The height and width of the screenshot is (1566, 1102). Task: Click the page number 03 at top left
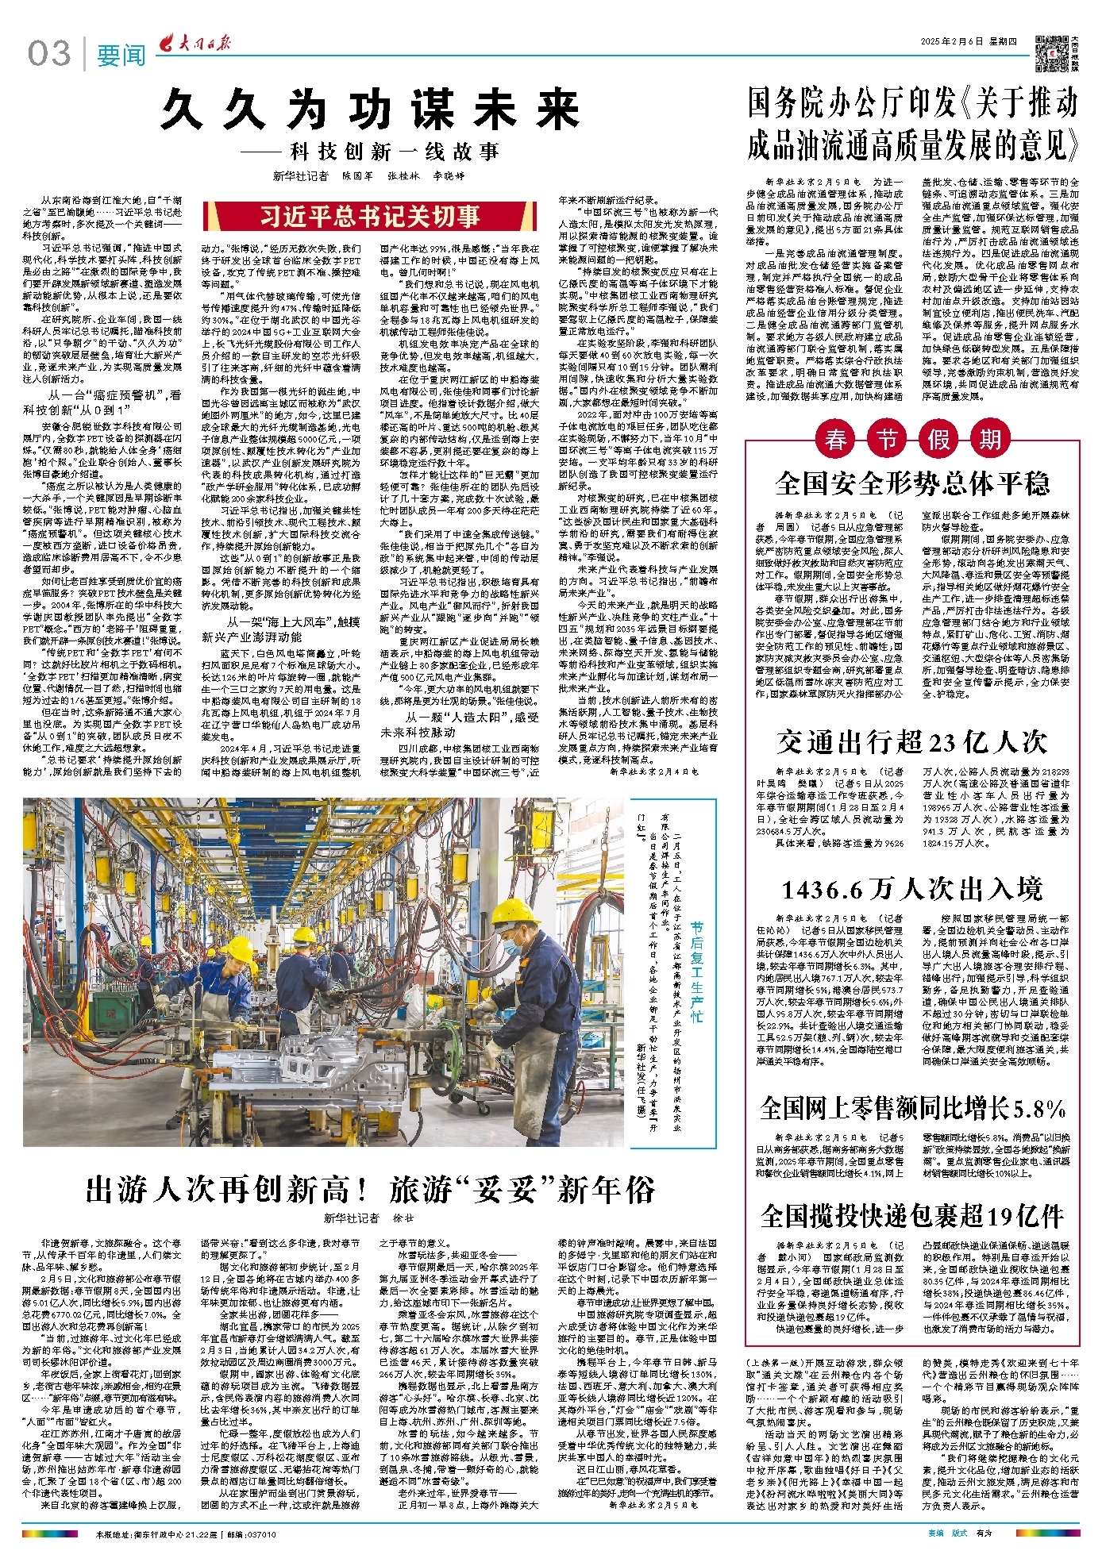(48, 54)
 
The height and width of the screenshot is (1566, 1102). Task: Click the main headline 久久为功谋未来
(369, 110)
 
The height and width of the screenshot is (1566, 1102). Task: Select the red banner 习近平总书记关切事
(371, 216)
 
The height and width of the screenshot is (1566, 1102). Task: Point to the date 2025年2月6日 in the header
(954, 42)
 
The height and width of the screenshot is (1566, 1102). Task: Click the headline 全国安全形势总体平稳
(912, 483)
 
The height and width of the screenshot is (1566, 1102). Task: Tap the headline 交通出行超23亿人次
(912, 742)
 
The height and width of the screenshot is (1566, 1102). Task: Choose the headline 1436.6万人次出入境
(912, 888)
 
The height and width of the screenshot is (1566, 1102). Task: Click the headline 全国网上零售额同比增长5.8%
(912, 1107)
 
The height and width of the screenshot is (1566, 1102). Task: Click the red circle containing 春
(835, 439)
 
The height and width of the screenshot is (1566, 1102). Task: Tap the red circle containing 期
(988, 439)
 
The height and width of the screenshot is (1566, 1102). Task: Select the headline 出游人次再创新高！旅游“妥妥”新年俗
(371, 1189)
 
